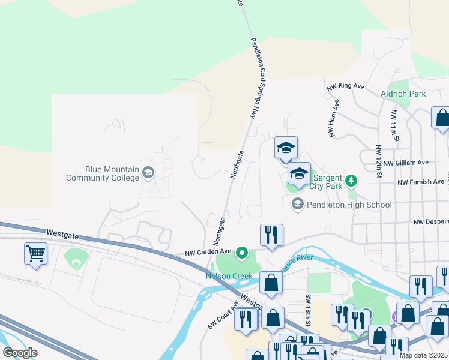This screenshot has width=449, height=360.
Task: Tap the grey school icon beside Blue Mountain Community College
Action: point(148,173)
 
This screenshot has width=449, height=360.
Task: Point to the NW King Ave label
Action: point(346,86)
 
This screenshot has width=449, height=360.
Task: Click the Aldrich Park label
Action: point(403,94)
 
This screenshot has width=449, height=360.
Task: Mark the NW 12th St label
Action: point(379,161)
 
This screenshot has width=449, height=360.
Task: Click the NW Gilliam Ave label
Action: point(406,163)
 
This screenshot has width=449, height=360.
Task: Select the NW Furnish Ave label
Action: point(423,182)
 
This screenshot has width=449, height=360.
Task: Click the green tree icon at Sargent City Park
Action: point(352,180)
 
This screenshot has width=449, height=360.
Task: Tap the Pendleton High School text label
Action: point(349,205)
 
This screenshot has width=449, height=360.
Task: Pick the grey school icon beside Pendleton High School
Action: point(297,205)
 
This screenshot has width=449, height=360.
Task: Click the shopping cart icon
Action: point(35,253)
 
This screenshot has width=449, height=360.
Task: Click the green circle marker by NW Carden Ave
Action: point(242,253)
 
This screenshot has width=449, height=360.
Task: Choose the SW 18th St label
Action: point(308,310)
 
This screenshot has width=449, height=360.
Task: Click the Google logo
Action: point(20,353)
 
